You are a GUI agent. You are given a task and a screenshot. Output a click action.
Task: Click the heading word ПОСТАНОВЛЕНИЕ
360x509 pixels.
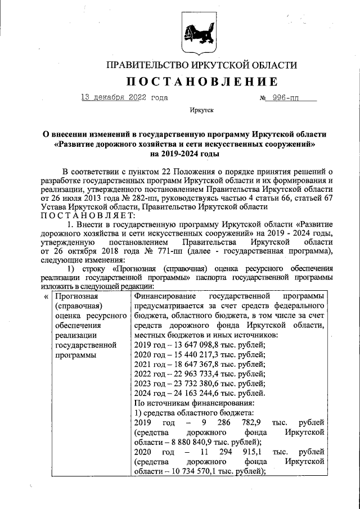click(201, 82)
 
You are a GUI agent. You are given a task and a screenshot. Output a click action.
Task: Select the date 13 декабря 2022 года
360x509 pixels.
click(124, 98)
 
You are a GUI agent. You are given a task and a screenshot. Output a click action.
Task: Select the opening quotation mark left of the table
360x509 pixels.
click(46, 296)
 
